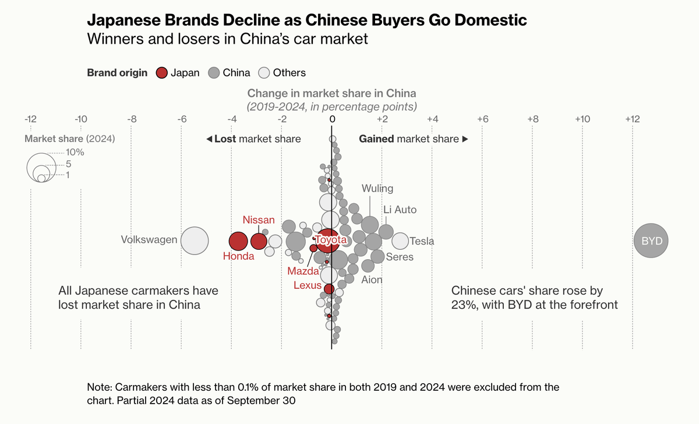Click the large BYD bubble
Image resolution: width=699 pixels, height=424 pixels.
coord(651,241)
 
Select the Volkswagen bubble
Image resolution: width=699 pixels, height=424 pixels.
coord(195,241)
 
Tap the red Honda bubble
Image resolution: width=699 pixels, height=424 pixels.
coord(238,241)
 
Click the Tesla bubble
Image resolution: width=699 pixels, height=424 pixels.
coord(400,241)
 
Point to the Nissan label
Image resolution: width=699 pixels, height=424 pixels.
coord(259,220)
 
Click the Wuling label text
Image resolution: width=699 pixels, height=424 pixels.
coord(377,189)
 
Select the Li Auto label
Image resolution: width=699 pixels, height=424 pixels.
coord(400,210)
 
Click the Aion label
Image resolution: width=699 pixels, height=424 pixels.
coord(372,280)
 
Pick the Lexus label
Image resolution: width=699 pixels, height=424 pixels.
coord(307,285)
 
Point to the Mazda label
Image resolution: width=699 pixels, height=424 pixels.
coord(303,271)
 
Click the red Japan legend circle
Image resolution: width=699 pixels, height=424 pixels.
coord(162,73)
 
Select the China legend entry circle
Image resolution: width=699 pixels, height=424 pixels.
coord(214,73)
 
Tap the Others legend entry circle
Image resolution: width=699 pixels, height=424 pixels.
coord(264,73)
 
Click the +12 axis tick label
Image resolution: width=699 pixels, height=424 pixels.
coord(632,119)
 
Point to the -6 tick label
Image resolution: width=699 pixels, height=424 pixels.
coord(181,119)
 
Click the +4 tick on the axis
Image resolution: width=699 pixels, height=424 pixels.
coord(432,119)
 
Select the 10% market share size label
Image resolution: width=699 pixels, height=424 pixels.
coord(75,153)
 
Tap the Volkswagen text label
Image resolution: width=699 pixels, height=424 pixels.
coord(149,239)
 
